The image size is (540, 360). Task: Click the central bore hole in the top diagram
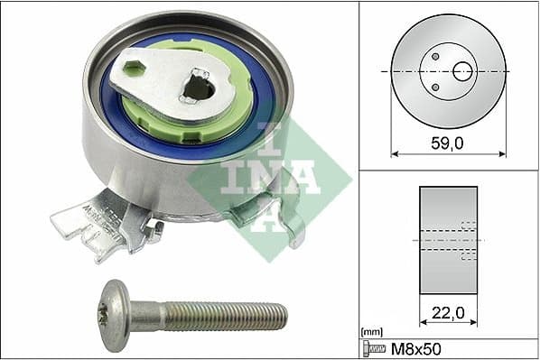click(462, 70)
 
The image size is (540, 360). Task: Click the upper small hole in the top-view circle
click(435, 57)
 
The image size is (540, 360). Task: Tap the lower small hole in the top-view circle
click(435, 87)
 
